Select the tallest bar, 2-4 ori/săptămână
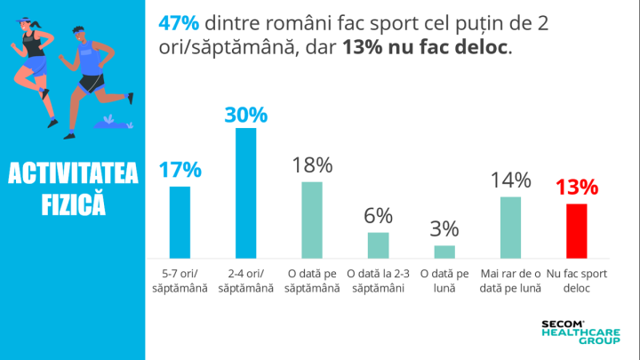click(x=245, y=192)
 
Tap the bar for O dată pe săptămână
click(x=312, y=219)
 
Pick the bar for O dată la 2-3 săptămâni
click(x=379, y=244)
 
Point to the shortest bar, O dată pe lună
click(x=444, y=251)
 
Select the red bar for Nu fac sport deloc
click(x=577, y=230)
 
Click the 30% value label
click(x=245, y=115)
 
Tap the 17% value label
click(x=180, y=171)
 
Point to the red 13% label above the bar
click(x=577, y=188)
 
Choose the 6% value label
click(x=379, y=217)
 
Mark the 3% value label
click(x=444, y=229)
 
